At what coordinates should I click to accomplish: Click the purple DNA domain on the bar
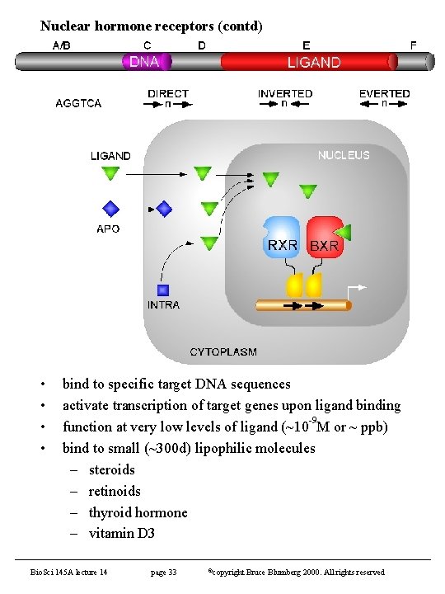click(148, 61)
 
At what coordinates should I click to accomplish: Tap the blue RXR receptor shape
click(281, 238)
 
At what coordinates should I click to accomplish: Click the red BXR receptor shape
click(324, 238)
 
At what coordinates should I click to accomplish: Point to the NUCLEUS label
click(344, 154)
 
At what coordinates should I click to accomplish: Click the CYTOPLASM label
click(223, 351)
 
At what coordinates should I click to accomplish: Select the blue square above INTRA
click(163, 290)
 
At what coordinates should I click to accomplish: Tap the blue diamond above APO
click(110, 210)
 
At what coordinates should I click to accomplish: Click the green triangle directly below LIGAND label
click(110, 173)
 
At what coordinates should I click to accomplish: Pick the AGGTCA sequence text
click(78, 103)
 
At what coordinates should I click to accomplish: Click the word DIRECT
click(168, 93)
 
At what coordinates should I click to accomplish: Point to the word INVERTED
click(284, 93)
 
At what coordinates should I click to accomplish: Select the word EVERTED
click(384, 93)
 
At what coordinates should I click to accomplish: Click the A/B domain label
click(62, 45)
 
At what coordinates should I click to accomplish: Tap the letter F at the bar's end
click(414, 45)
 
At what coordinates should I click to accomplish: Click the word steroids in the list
click(111, 469)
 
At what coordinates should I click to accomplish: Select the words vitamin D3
click(121, 534)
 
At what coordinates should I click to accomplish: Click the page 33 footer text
click(163, 572)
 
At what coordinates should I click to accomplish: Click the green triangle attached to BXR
click(344, 233)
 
